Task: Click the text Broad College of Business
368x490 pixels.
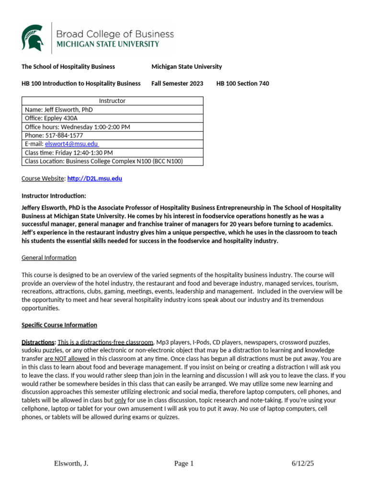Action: coord(115,34)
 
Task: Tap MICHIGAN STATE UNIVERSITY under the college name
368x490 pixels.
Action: coord(108,45)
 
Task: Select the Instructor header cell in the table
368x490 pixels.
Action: coord(112,101)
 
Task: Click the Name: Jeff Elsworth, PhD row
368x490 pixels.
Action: coord(59,110)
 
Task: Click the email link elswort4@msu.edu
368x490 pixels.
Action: coord(71,144)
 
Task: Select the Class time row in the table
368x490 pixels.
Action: coord(69,153)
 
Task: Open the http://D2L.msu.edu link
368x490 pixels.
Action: coord(95,178)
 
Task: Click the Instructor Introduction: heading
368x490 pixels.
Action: coord(54,196)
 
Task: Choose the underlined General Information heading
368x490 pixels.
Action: coord(49,257)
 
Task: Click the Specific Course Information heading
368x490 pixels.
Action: coord(59,325)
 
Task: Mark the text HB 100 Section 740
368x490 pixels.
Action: coord(242,83)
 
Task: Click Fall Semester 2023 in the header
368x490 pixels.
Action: coord(177,83)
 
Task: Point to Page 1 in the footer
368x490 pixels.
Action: coord(184,463)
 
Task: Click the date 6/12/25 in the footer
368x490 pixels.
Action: coord(302,463)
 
